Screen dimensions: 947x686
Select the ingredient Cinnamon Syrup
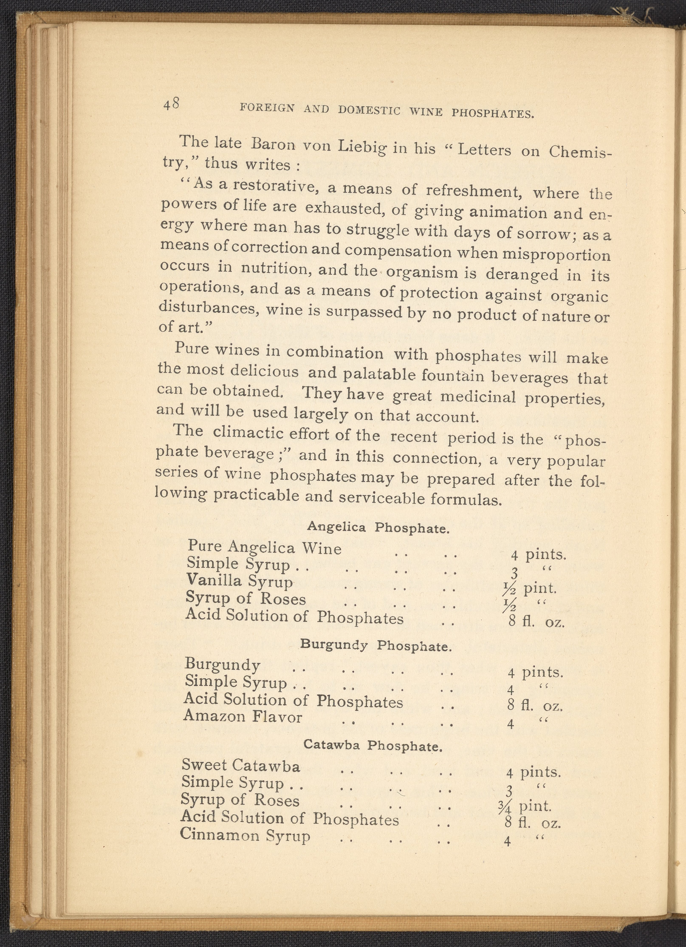coord(245,835)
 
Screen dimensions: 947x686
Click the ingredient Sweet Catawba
coord(241,765)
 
